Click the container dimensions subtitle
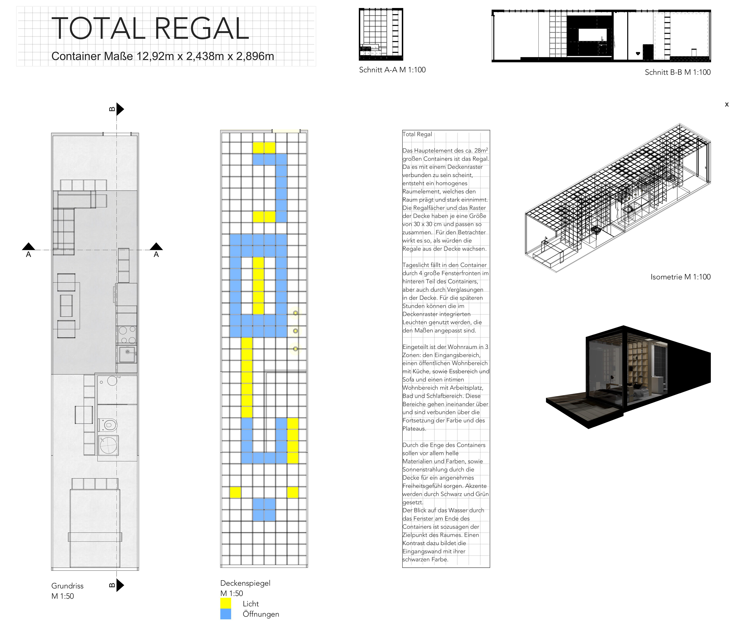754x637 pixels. pyautogui.click(x=163, y=56)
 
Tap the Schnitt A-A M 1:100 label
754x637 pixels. pyautogui.click(x=392, y=70)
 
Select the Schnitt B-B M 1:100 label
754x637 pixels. pyautogui.click(x=677, y=72)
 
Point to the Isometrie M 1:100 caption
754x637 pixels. pyautogui.click(x=680, y=277)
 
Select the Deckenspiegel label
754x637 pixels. pyautogui.click(x=245, y=583)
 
